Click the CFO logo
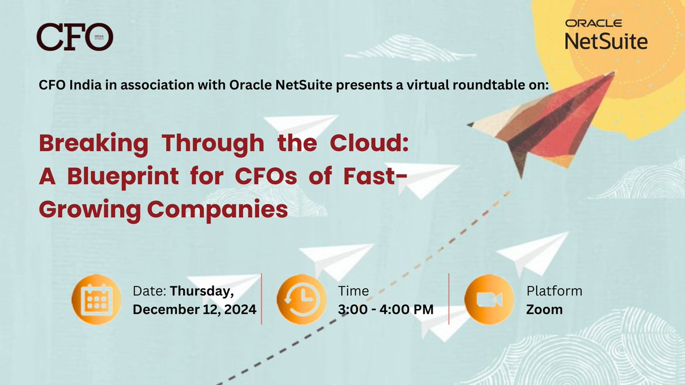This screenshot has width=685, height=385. pos(74,37)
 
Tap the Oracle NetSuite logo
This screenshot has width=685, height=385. pos(606,35)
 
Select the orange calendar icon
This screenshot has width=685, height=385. pos(92,299)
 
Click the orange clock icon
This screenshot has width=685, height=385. pos(297,299)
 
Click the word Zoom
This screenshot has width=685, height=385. pos(544,310)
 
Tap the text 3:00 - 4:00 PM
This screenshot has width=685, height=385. pos(385,310)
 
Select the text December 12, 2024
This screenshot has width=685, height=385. pos(195,310)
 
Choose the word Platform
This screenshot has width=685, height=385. pos(554,291)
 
